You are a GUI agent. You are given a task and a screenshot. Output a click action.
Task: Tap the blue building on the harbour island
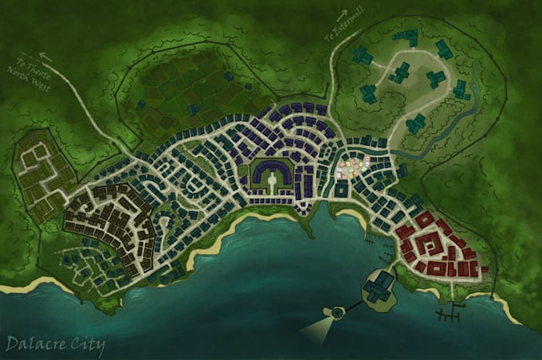(382, 284)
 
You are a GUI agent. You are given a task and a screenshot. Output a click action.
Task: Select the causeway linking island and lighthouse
(353, 307)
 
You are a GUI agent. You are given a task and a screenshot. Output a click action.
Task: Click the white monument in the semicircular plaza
(272, 180)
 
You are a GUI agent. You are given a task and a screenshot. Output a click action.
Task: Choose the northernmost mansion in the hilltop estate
(409, 37)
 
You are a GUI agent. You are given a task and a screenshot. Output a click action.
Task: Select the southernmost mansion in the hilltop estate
(416, 123)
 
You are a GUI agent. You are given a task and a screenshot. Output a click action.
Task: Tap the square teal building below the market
(341, 190)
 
